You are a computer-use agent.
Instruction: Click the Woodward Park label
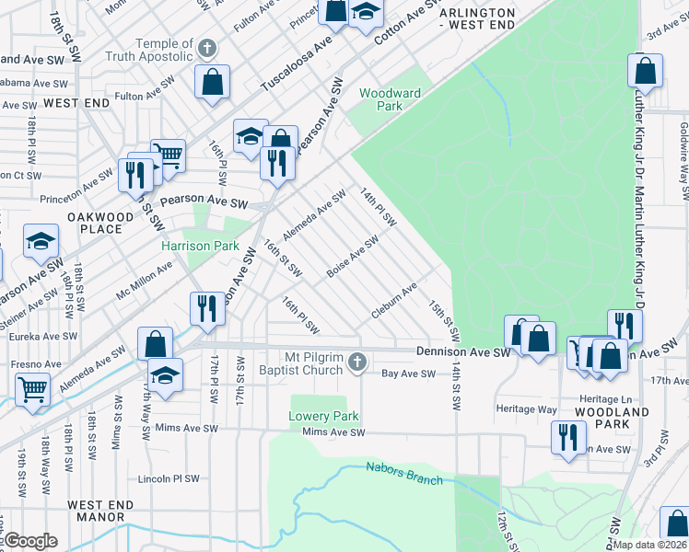pyautogui.click(x=390, y=99)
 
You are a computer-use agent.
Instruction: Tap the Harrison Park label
pyautogui.click(x=200, y=246)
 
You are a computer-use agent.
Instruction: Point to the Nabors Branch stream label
pyautogui.click(x=404, y=473)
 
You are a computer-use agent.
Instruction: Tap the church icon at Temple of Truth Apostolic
pyautogui.click(x=207, y=48)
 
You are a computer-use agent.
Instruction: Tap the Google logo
pyautogui.click(x=30, y=541)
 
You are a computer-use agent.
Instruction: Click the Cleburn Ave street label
pyautogui.click(x=395, y=300)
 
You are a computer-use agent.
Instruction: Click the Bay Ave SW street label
pyautogui.click(x=408, y=374)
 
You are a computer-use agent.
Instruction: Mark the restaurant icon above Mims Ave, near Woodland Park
pyautogui.click(x=567, y=436)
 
